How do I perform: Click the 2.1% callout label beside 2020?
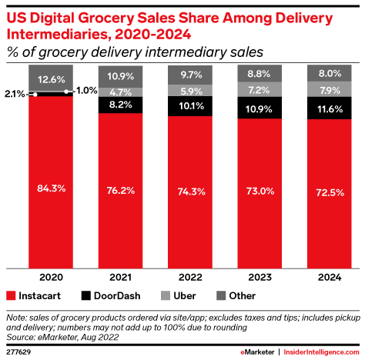12,93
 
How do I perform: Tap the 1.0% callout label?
86,92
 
